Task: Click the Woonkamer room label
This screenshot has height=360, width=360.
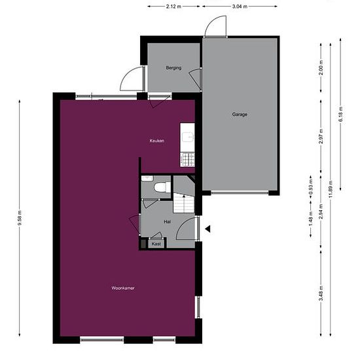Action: click(x=124, y=287)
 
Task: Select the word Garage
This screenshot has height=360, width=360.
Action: click(x=240, y=115)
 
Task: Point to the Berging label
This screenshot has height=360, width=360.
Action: click(x=173, y=68)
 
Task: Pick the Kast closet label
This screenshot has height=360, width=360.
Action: click(x=156, y=243)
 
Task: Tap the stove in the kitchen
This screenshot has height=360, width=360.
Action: click(x=187, y=158)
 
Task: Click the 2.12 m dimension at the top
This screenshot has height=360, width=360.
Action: click(x=173, y=7)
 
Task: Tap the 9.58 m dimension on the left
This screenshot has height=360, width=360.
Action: click(x=20, y=219)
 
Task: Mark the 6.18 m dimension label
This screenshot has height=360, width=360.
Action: click(x=340, y=116)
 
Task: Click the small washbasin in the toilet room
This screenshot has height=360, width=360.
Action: click(x=147, y=178)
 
